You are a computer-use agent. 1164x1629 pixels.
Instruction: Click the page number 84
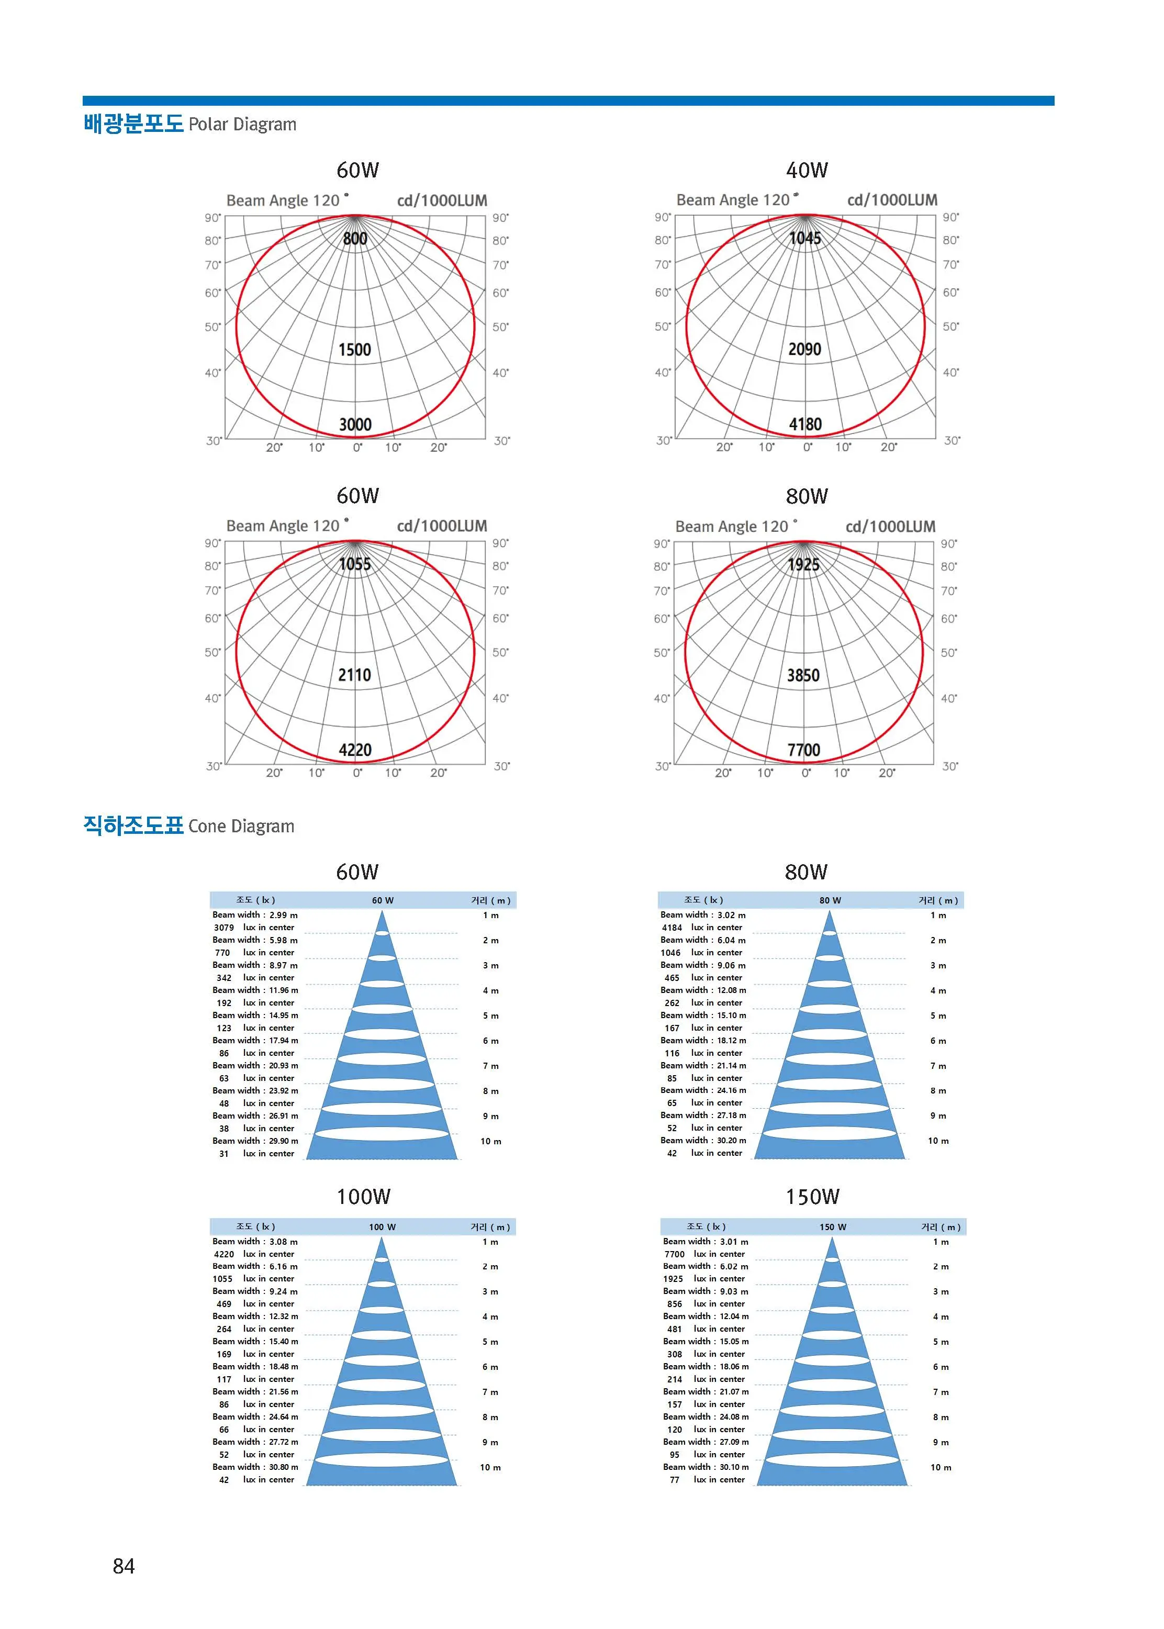[x=124, y=1567]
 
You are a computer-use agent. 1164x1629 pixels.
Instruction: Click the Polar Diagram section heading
[x=190, y=124]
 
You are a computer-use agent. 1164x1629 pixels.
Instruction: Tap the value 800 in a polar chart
[x=355, y=239]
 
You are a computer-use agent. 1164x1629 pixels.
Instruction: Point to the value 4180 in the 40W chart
[x=805, y=425]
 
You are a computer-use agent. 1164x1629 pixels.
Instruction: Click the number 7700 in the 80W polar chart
[x=803, y=750]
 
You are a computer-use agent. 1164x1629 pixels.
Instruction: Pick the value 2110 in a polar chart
[x=355, y=675]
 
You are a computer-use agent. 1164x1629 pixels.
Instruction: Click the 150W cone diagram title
[x=813, y=1196]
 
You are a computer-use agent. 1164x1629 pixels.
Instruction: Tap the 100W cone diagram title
[x=364, y=1196]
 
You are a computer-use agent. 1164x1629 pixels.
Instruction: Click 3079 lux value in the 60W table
[x=223, y=928]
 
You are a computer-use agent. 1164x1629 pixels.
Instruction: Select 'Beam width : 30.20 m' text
[x=703, y=1140]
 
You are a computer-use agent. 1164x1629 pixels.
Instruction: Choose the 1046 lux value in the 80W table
[x=671, y=953]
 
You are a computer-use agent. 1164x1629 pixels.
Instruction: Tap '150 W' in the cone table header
[x=833, y=1227]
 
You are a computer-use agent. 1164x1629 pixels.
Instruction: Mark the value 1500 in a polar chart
[x=355, y=350]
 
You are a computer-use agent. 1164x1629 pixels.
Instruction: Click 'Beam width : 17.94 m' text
[x=255, y=1040]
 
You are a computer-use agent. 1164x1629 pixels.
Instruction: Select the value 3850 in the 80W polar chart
[x=803, y=675]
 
